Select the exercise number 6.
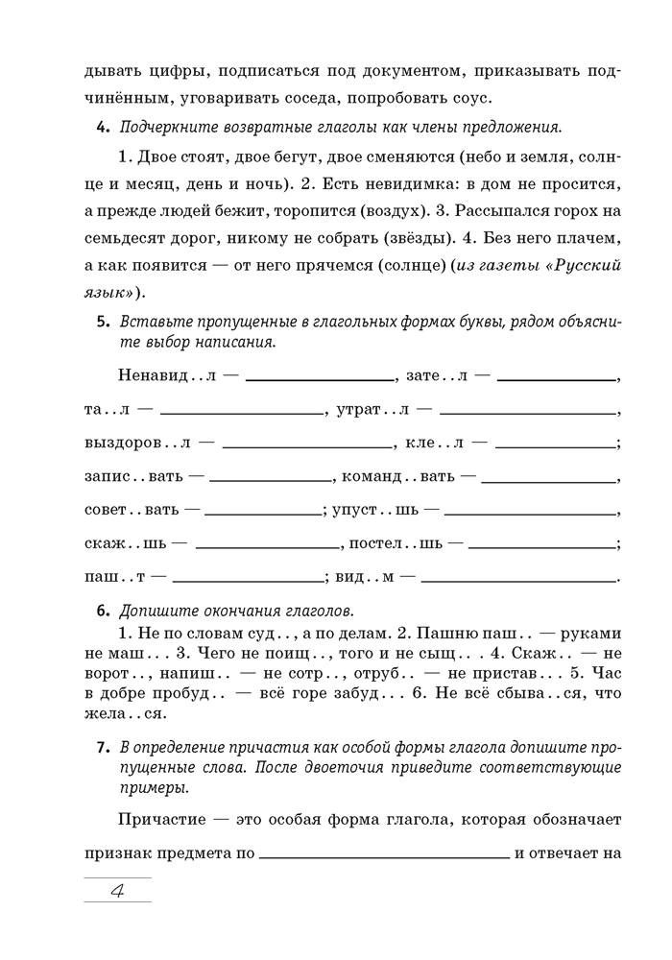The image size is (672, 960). click(x=102, y=610)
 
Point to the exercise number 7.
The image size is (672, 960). click(x=102, y=748)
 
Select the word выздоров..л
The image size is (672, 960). click(x=138, y=444)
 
